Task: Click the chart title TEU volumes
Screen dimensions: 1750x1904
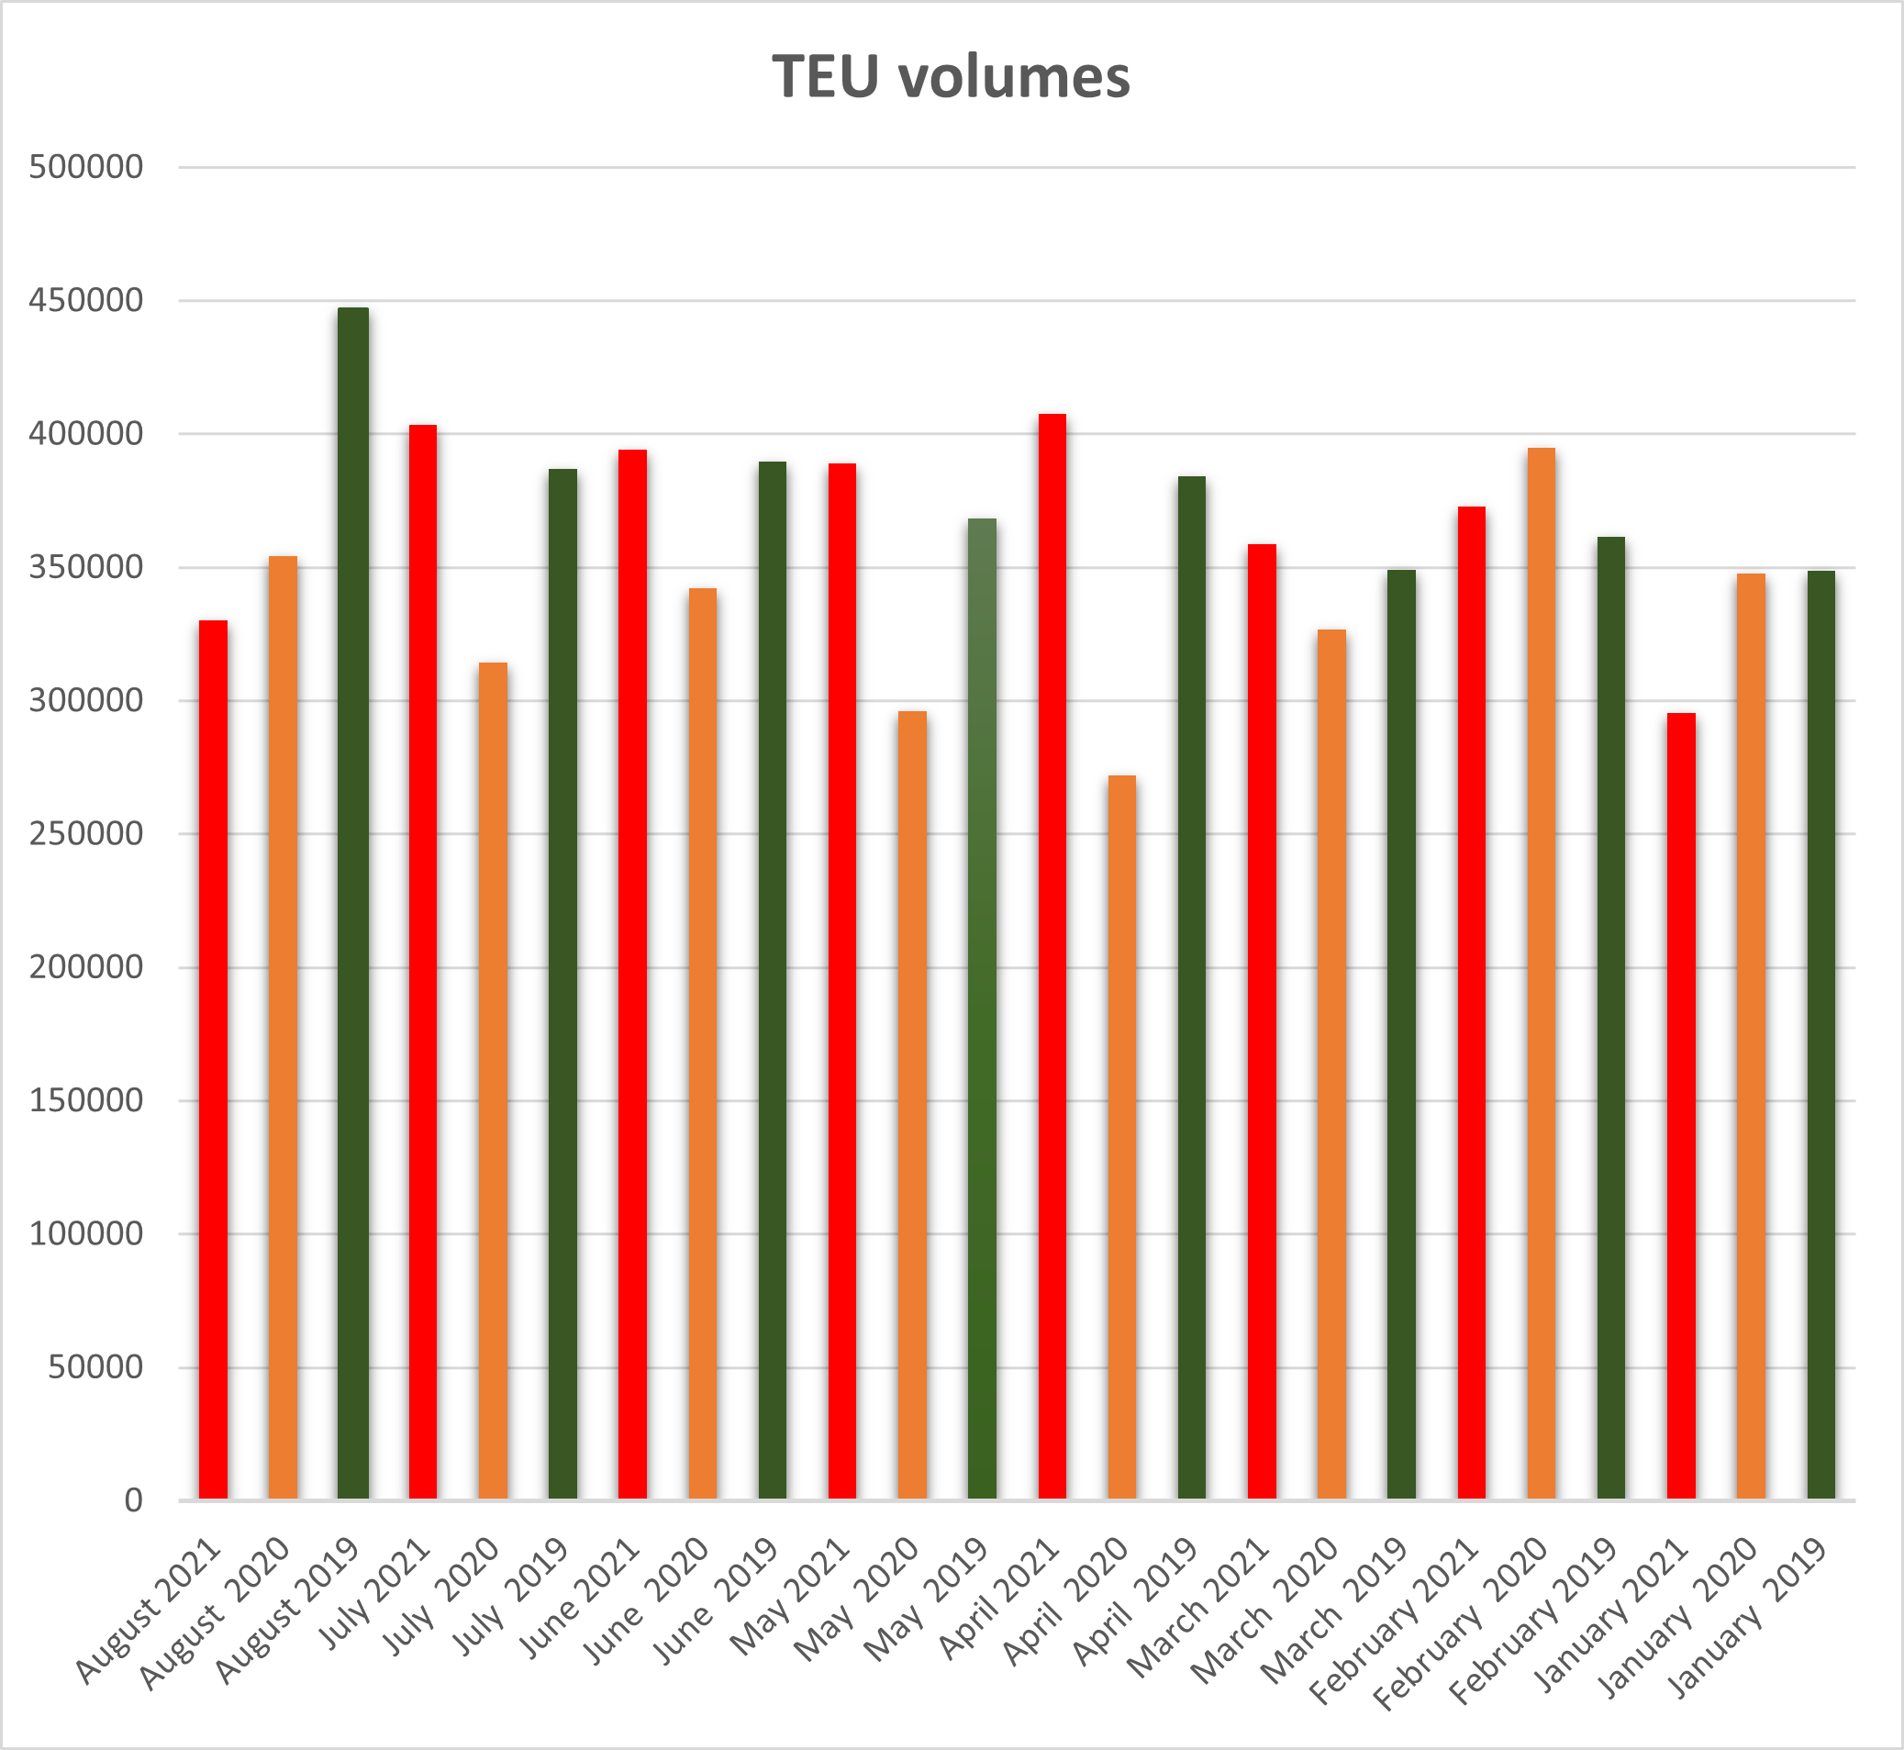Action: click(951, 77)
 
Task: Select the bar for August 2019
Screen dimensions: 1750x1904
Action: click(353, 899)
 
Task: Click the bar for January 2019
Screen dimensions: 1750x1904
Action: click(1820, 1031)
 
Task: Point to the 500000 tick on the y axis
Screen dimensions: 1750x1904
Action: click(86, 167)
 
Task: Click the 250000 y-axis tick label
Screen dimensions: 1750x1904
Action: click(86, 833)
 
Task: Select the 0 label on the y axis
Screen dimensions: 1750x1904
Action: click(133, 1500)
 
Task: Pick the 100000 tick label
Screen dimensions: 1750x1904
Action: click(86, 1233)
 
